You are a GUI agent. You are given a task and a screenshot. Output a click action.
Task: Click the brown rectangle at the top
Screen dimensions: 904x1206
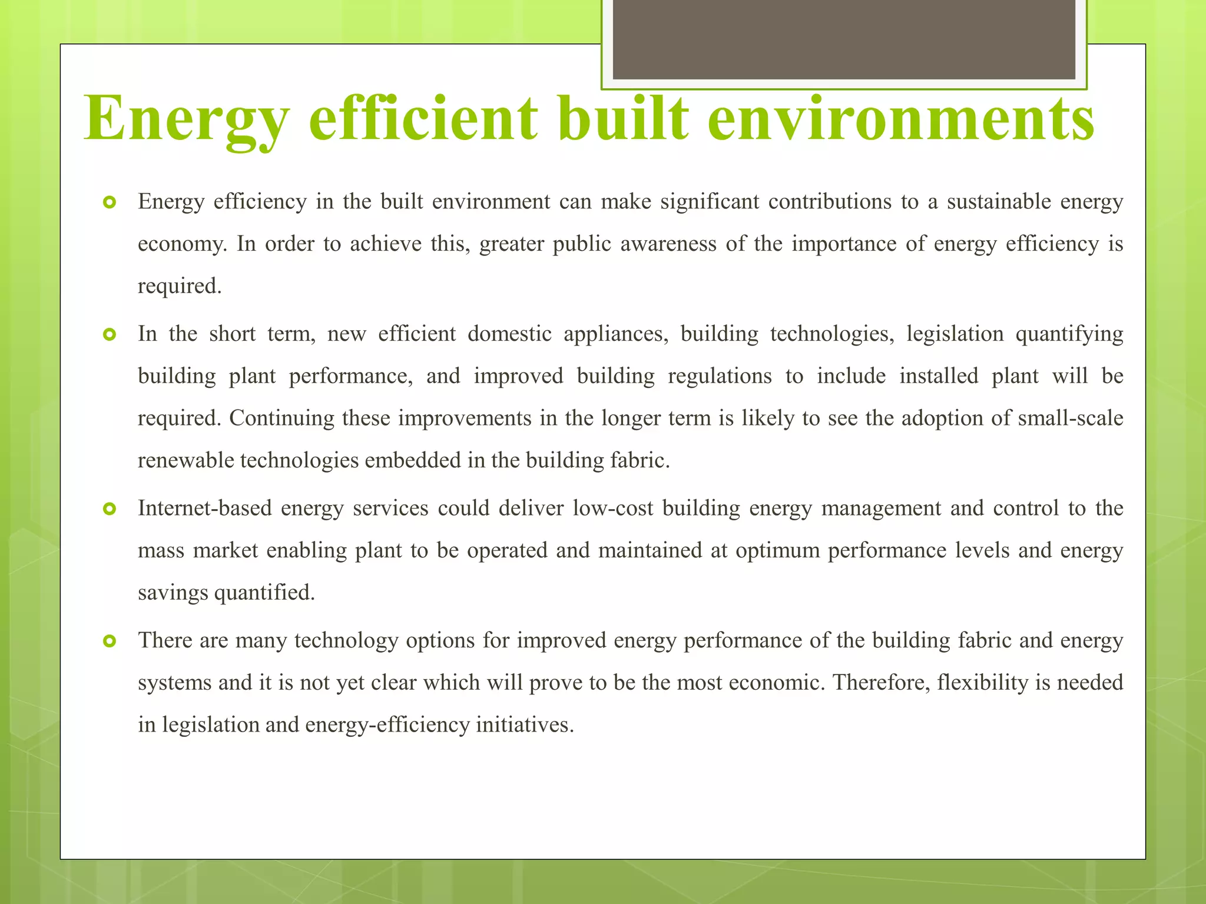point(844,39)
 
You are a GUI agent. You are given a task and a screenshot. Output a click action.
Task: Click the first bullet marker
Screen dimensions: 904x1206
point(110,203)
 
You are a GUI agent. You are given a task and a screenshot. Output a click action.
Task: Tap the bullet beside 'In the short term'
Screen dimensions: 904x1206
point(110,335)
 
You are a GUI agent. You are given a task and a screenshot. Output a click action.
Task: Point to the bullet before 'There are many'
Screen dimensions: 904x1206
point(110,641)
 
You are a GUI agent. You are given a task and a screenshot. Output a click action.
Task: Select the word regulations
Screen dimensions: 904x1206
point(720,376)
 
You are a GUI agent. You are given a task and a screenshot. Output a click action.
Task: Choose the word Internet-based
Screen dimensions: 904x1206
point(205,508)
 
